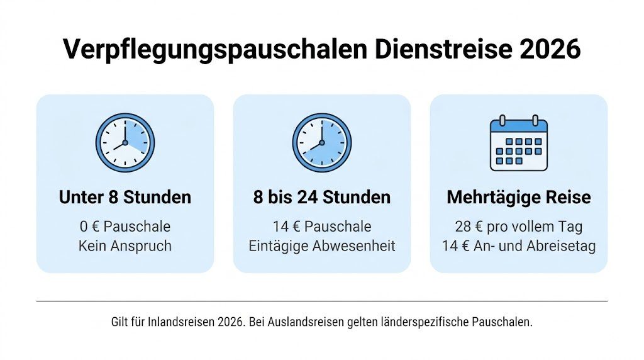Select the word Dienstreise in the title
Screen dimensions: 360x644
point(440,50)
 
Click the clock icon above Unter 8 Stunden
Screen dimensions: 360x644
point(125,142)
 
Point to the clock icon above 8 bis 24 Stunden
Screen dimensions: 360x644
point(321,142)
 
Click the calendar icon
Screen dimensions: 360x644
point(518,143)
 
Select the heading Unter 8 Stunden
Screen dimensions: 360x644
point(125,197)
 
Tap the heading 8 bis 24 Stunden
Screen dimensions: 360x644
point(321,197)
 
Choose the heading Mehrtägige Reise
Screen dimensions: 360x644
point(518,197)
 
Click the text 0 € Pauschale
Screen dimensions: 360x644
point(125,226)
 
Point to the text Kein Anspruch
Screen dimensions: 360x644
point(125,245)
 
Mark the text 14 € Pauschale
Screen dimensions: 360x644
point(321,226)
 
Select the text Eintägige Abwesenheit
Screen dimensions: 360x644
point(321,245)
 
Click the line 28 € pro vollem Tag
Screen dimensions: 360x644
point(518,226)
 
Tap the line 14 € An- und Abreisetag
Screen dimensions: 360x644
point(518,245)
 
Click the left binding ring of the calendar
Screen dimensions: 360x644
point(502,120)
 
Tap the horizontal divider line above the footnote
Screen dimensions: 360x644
point(321,301)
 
